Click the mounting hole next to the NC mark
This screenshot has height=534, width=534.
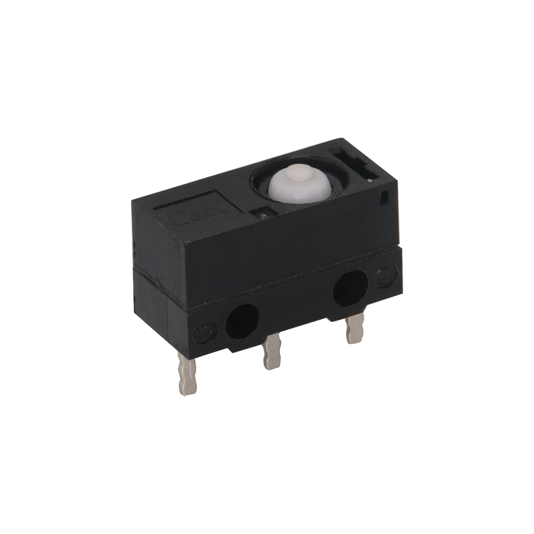[243, 321]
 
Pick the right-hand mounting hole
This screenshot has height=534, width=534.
[350, 287]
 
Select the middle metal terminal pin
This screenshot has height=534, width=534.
[272, 351]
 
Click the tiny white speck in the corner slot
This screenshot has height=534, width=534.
[371, 182]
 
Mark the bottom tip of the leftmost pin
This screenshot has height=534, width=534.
[186, 392]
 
